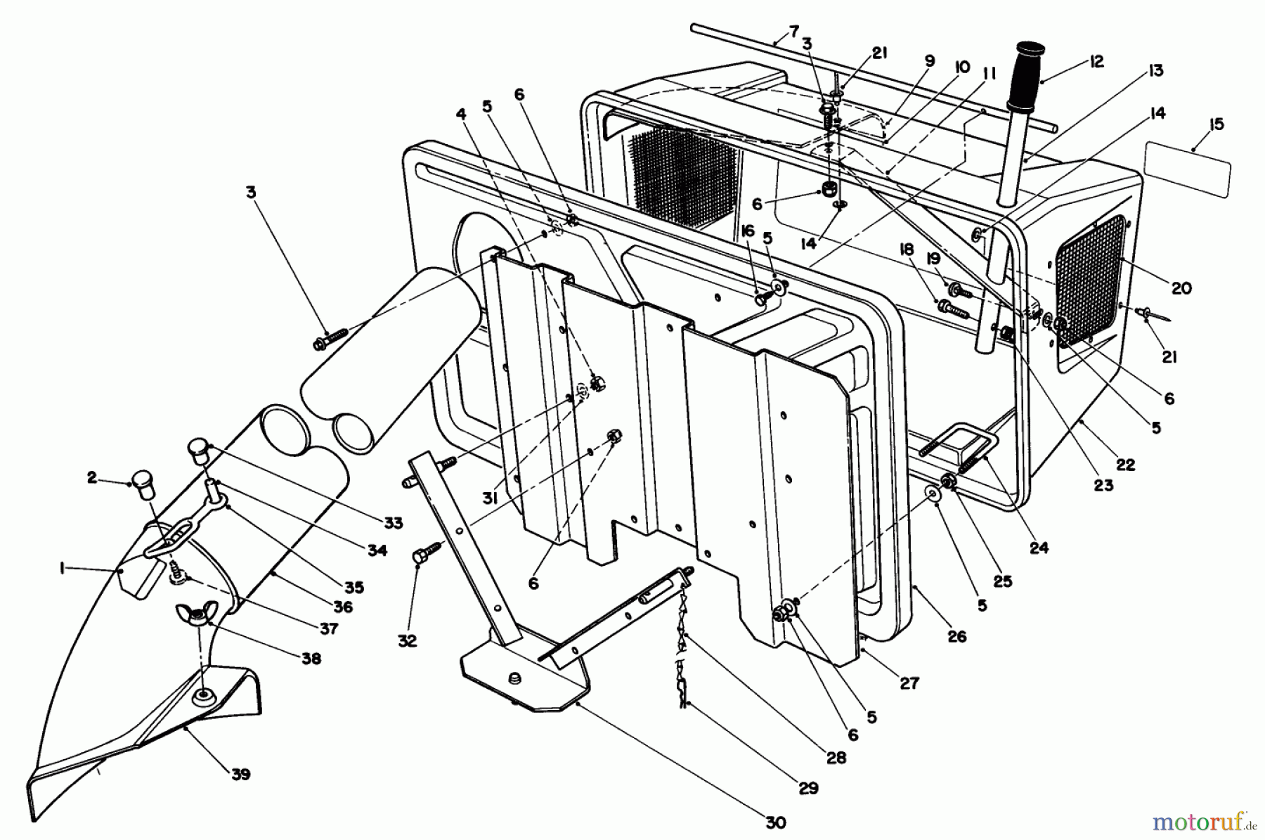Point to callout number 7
pos(793,32)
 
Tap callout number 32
pos(407,640)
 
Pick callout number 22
pos(1126,465)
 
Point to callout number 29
pos(809,788)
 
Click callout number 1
pos(63,570)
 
